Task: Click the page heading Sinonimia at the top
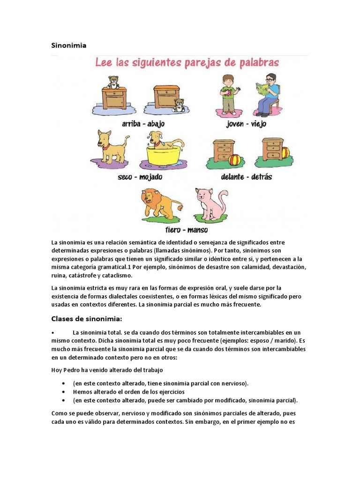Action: click(68, 45)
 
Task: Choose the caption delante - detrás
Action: click(247, 177)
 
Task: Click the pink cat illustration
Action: click(210, 203)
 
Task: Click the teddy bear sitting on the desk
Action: click(112, 82)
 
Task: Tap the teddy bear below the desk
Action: click(178, 105)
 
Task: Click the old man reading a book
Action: click(266, 94)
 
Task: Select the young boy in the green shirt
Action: click(228, 94)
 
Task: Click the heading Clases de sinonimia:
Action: click(86, 319)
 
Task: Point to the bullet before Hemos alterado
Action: click(63, 391)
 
